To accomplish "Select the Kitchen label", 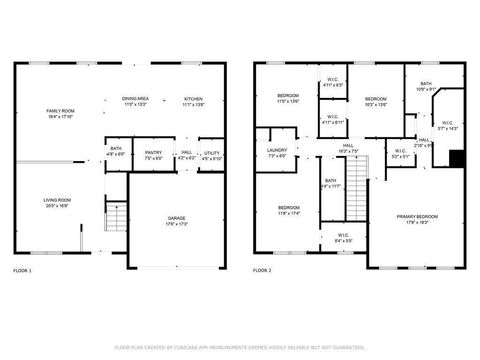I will click(x=193, y=101).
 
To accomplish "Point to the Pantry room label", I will click(x=153, y=155).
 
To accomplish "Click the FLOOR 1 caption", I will click(x=22, y=271).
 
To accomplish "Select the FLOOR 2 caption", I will click(x=262, y=271).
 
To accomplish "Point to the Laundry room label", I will click(x=277, y=153).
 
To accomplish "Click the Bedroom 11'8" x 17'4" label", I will click(x=288, y=210).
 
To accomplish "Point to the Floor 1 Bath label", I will click(x=116, y=152).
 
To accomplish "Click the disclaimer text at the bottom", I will click(x=240, y=347).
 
